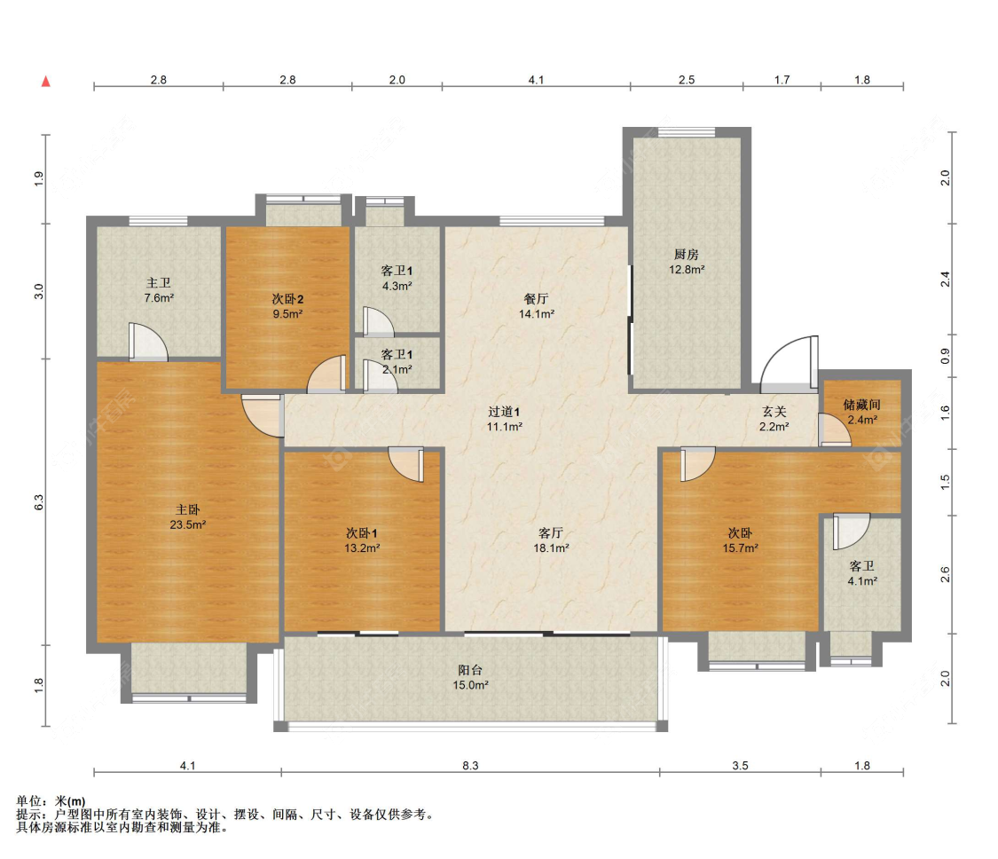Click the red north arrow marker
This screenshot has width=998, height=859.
[46, 81]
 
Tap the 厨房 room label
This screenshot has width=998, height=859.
[686, 254]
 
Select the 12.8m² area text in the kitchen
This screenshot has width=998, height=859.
[686, 270]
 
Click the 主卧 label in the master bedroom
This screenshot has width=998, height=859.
[188, 509]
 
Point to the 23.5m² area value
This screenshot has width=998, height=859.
[188, 524]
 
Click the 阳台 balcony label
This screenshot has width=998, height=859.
[470, 670]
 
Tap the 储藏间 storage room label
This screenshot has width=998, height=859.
[861, 405]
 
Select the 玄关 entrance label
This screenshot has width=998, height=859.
[774, 412]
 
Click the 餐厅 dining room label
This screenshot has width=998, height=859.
[536, 299]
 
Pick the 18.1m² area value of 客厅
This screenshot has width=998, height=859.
[551, 548]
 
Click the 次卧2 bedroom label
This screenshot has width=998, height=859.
[287, 299]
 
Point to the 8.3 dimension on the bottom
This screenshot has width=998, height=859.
[470, 766]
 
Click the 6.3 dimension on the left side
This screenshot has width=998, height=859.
[39, 501]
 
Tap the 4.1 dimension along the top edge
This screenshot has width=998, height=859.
[536, 80]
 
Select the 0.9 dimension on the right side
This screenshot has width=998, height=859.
[945, 356]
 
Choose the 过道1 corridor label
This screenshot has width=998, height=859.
[504, 412]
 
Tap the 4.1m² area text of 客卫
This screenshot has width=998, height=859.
[861, 580]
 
